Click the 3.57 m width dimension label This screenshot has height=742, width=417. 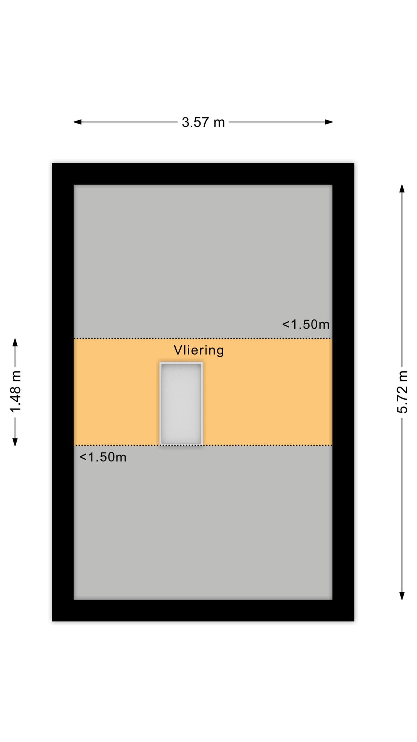[x=203, y=122]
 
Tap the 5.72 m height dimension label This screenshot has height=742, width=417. [x=402, y=392]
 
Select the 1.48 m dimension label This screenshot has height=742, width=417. [x=16, y=392]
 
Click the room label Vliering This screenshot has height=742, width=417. [x=199, y=350]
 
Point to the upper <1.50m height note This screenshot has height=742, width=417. [x=306, y=324]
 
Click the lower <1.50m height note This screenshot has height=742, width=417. [x=103, y=457]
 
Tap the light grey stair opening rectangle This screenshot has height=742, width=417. [x=181, y=403]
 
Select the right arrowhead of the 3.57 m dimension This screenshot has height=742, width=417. [x=329, y=122]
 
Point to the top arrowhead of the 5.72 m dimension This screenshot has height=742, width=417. [x=402, y=189]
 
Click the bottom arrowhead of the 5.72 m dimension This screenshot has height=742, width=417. [x=402, y=596]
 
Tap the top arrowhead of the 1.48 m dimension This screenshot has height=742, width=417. [x=15, y=342]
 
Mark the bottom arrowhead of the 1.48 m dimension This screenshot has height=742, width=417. [x=15, y=442]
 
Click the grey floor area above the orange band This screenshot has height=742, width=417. [x=203, y=261]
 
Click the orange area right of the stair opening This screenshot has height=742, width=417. [x=268, y=399]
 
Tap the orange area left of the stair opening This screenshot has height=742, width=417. [x=117, y=399]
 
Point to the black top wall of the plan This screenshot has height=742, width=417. [x=203, y=174]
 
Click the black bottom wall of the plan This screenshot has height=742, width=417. [x=203, y=610]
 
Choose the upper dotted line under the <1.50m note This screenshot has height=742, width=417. [x=203, y=338]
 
